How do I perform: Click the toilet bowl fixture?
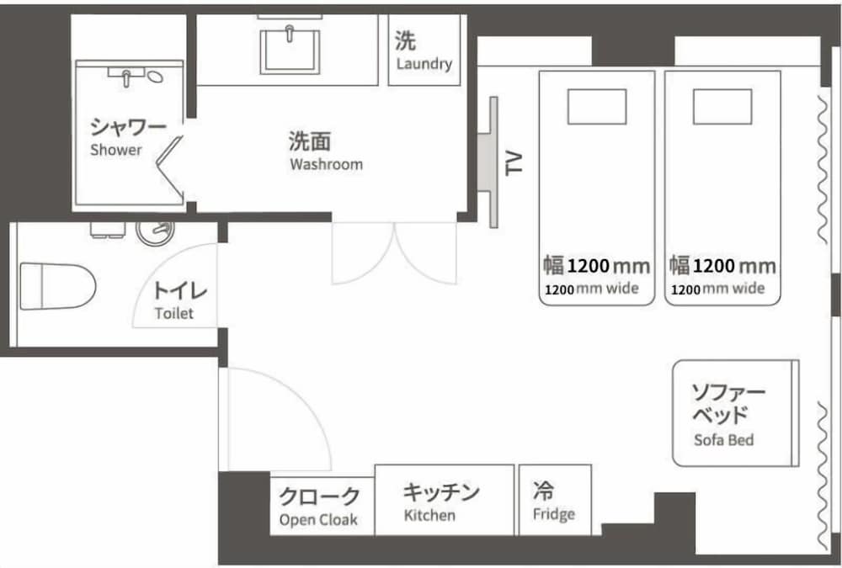[57, 286]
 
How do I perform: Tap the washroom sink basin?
[290, 51]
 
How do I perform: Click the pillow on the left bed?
[597, 107]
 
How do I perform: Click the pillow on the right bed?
[722, 107]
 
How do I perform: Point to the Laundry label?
[424, 64]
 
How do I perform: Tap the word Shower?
[116, 150]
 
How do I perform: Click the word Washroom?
[327, 164]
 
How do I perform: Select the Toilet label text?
[174, 313]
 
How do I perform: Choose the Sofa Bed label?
[724, 440]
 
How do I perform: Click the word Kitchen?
[429, 515]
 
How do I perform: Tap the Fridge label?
[554, 514]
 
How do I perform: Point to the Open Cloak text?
[318, 520]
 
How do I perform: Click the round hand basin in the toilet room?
[155, 232]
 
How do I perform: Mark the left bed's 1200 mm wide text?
[592, 289]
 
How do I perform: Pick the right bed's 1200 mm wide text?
[717, 289]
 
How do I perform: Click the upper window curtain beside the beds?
[822, 170]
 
